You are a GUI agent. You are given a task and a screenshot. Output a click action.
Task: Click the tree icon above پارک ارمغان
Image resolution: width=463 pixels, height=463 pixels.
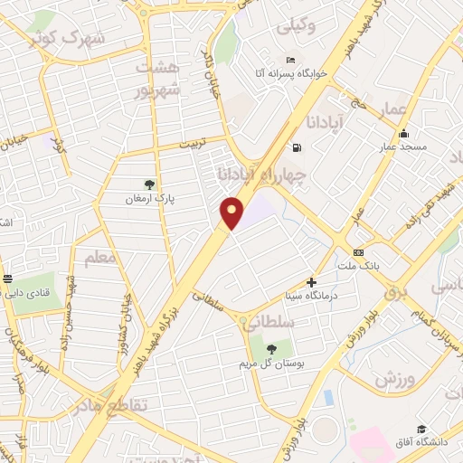coord(150,184)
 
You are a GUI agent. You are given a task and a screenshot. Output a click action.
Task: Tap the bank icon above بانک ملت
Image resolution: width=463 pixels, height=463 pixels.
coord(358,252)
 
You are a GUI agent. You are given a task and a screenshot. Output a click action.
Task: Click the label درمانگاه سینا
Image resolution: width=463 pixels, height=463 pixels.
coord(312,296)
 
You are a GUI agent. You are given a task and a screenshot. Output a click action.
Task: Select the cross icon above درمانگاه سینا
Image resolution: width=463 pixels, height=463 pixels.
coord(312,283)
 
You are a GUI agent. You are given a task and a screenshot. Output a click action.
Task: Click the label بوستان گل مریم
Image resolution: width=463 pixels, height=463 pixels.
coord(271,363)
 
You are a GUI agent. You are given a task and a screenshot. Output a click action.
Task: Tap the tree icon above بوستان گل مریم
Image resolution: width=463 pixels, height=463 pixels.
coord(271,349)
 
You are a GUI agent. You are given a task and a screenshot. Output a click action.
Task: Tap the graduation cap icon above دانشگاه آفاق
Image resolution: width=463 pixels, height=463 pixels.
coord(421,429)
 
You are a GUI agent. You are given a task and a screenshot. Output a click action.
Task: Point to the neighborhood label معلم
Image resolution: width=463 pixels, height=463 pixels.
coord(102,259)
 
